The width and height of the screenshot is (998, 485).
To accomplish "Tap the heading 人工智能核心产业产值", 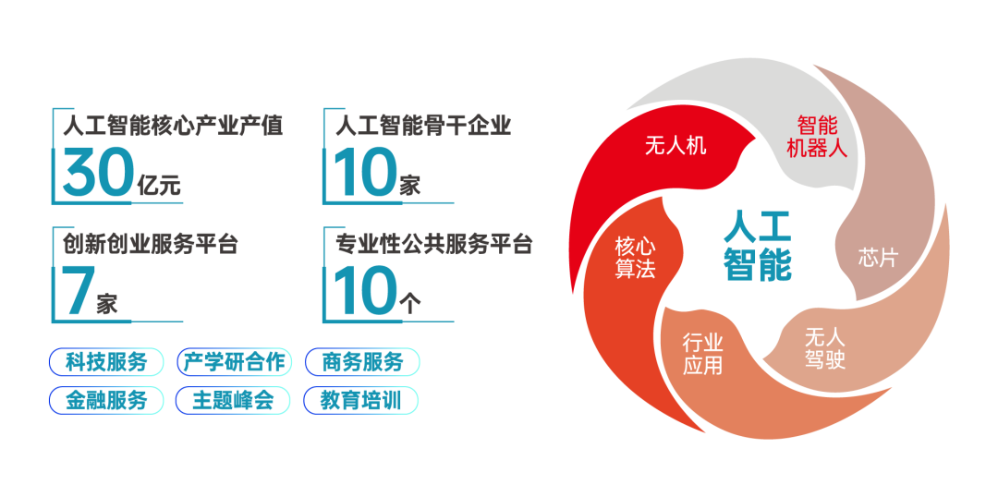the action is pyautogui.click(x=173, y=126).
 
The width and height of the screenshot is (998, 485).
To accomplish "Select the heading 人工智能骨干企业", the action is pyautogui.click(x=423, y=126).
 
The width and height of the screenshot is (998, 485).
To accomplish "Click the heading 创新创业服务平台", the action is pyautogui.click(x=151, y=245).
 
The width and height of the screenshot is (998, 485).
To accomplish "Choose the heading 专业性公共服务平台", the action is pyautogui.click(x=433, y=245).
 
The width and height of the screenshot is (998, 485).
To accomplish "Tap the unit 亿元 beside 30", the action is pyautogui.click(x=159, y=185).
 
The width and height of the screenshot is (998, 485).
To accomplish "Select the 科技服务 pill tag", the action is pyautogui.click(x=106, y=362).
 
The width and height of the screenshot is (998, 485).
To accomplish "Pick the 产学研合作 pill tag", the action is pyautogui.click(x=234, y=362).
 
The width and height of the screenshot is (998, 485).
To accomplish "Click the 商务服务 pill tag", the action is pyautogui.click(x=363, y=362).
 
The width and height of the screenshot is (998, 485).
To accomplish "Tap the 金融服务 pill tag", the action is pyautogui.click(x=106, y=400).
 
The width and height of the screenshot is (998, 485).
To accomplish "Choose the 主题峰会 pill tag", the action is pyautogui.click(x=233, y=400).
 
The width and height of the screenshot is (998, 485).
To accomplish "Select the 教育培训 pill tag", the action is pyautogui.click(x=361, y=400).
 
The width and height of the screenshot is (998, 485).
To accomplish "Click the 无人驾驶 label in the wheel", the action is pyautogui.click(x=825, y=348).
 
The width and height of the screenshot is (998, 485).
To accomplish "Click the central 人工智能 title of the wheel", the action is pyautogui.click(x=758, y=245).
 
